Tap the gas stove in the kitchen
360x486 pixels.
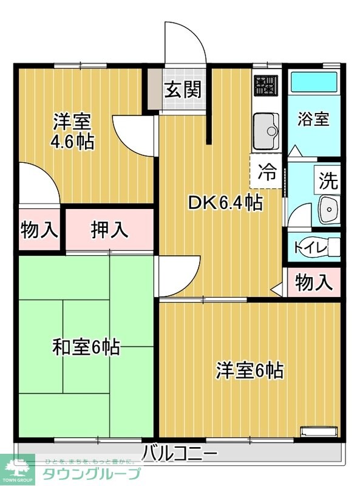(265, 85)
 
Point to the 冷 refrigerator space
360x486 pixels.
(266, 172)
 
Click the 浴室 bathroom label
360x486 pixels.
(313, 119)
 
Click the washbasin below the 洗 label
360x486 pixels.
(328, 210)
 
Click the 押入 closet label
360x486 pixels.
(109, 230)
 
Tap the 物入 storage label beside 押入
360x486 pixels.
(39, 230)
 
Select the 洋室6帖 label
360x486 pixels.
(250, 370)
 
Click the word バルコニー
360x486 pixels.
(180, 453)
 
